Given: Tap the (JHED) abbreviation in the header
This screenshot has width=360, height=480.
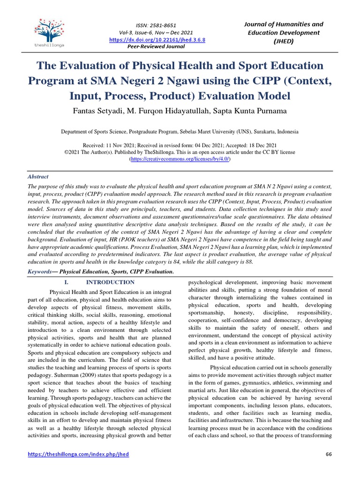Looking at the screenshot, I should pos(285,41).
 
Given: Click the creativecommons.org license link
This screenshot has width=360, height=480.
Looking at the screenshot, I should pos(180,159).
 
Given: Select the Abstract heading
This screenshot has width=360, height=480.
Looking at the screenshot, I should pos(37,177).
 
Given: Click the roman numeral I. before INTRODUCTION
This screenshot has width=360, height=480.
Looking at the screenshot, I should pos(66,282).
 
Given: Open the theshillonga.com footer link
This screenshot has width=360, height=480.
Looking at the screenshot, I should pos(78,455).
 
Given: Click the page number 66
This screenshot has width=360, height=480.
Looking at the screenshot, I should pos(328,455).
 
